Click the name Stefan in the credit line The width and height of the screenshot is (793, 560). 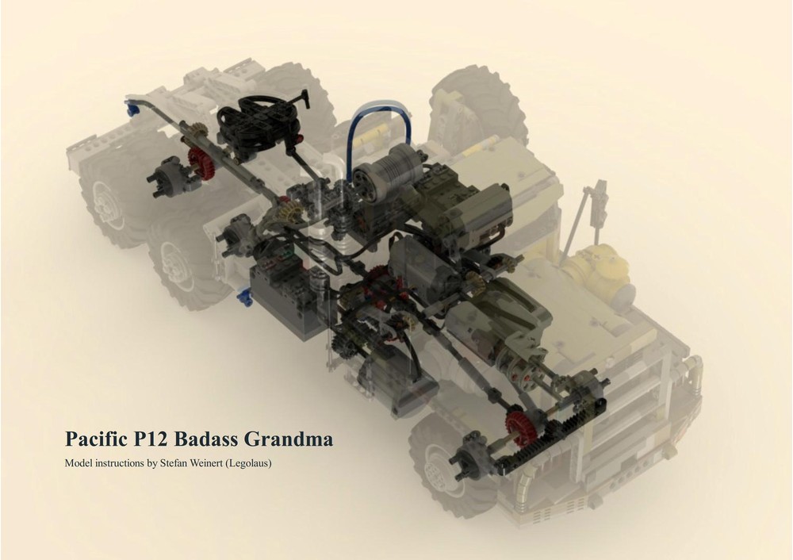pyautogui.click(x=185, y=462)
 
